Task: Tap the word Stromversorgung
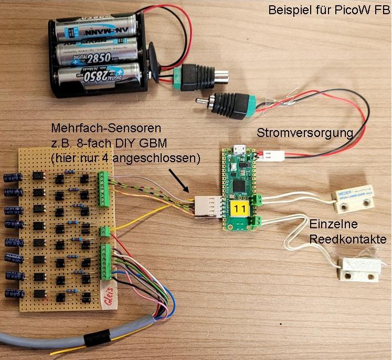[x=304, y=133]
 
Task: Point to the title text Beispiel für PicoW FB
[x=329, y=10]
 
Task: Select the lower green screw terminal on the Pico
[x=258, y=221]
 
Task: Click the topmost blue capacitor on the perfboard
[x=12, y=177]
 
